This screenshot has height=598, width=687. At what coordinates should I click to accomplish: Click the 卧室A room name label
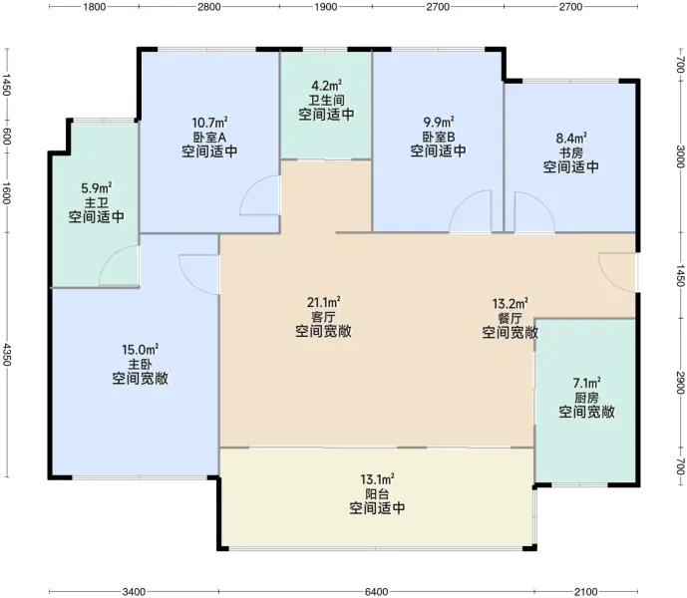209,137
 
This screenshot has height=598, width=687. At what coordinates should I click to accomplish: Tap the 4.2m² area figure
326,85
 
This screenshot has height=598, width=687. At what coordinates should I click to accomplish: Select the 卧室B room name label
438,137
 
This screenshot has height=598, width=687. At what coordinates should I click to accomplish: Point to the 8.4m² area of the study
571,139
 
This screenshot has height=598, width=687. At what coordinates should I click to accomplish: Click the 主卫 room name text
97,203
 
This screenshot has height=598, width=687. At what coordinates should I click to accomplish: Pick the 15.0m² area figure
141,350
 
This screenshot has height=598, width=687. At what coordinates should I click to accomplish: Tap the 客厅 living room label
323,317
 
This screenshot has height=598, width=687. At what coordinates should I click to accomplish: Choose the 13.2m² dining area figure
510,303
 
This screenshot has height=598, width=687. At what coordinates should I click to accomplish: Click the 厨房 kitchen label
586,398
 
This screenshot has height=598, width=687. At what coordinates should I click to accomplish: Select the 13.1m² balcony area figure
377,478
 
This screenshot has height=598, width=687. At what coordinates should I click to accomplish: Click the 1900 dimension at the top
326,7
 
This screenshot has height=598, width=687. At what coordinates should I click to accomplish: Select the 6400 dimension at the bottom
376,592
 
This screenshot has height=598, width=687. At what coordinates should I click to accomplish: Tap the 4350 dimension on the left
7,355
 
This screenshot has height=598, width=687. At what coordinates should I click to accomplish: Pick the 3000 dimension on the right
680,155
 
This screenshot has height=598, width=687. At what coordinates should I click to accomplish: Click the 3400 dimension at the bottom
134,592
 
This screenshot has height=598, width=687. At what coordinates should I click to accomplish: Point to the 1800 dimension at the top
94,7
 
